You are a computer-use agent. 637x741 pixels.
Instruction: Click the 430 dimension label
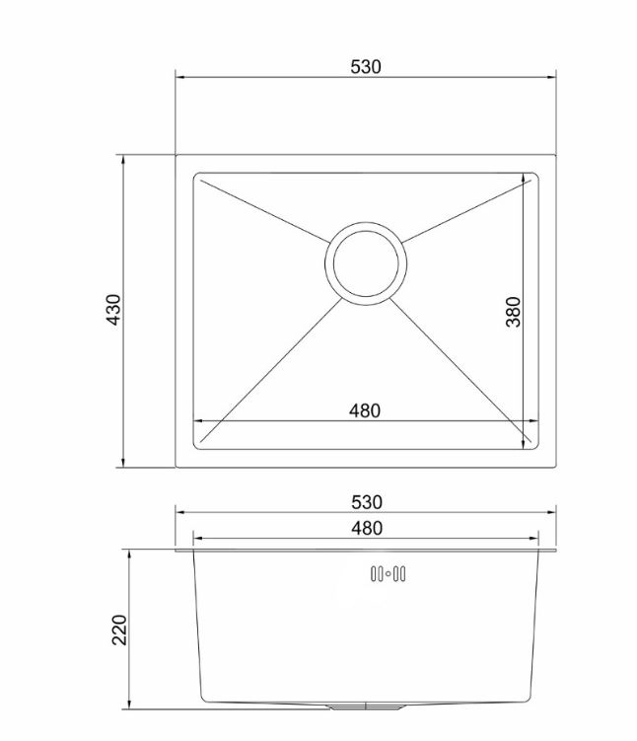click(x=113, y=310)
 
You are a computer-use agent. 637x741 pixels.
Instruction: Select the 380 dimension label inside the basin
click(x=513, y=312)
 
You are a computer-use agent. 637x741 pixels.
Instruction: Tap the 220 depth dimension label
click(x=119, y=630)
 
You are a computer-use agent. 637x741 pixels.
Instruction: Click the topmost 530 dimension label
click(x=366, y=67)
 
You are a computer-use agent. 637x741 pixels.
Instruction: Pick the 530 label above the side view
click(x=367, y=502)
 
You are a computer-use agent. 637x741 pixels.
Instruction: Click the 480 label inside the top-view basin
click(x=365, y=410)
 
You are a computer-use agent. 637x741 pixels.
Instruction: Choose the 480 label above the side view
click(x=367, y=528)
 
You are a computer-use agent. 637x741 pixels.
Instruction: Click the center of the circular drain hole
click(x=366, y=263)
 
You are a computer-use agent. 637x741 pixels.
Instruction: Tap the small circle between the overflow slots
click(x=389, y=574)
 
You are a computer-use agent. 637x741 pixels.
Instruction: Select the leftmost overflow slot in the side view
click(x=373, y=573)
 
